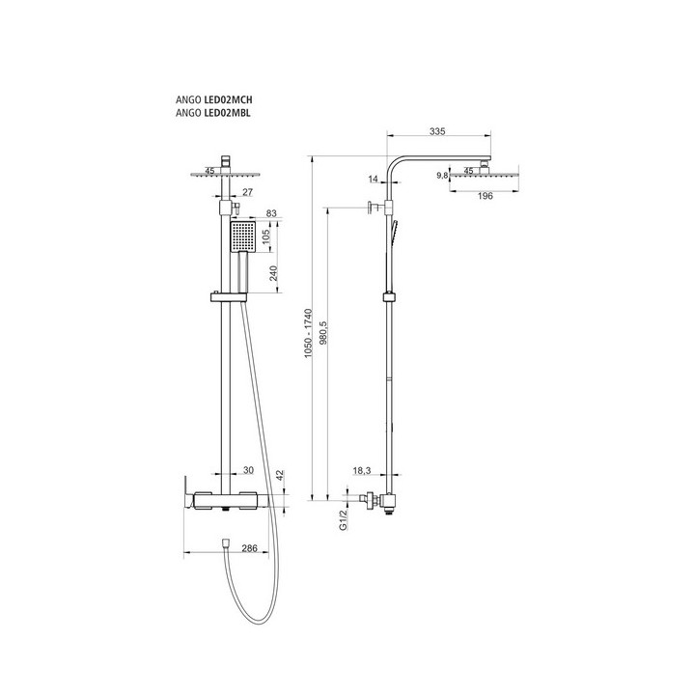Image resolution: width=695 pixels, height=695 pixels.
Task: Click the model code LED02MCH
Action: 228,99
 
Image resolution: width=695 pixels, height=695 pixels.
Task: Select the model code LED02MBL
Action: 227,113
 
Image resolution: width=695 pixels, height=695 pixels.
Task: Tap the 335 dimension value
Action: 437,131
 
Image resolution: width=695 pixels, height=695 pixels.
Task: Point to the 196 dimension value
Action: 486,196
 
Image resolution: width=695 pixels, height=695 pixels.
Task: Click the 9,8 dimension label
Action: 442,176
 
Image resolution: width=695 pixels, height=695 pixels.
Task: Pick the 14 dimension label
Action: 374,180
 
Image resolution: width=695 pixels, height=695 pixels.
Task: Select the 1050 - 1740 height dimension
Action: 309,333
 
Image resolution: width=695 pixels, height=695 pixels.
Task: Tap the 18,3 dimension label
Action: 362,471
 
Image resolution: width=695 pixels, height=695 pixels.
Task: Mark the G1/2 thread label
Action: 343,520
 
